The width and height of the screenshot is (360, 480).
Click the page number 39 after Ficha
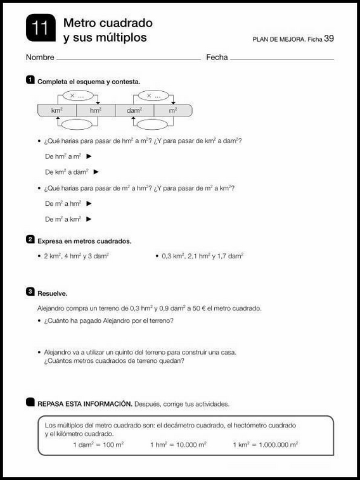click(328, 38)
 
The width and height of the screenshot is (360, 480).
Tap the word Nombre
click(40, 58)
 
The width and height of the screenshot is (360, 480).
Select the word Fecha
click(217, 58)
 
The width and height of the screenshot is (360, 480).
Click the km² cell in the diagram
click(57, 110)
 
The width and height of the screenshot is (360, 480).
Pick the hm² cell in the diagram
click(96, 110)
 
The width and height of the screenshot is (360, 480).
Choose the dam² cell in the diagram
click(134, 110)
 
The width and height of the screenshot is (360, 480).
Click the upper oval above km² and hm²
click(76, 96)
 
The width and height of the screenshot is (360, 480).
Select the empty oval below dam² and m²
click(153, 124)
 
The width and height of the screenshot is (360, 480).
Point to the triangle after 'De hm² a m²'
click(89, 156)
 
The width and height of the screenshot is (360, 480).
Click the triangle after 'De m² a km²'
click(89, 219)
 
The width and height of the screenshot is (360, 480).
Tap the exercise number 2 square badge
click(30, 239)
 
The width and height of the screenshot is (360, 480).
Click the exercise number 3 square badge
click(30, 292)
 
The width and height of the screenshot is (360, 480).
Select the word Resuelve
click(53, 294)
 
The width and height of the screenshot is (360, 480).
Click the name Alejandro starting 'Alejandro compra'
click(52, 308)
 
